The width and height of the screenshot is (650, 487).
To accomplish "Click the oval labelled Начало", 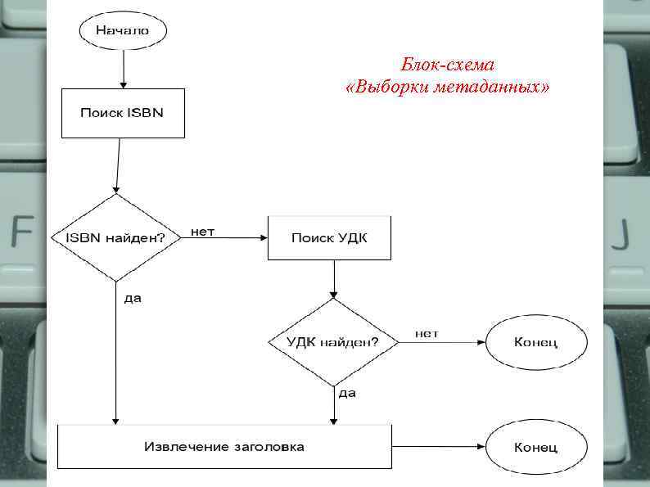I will coord(123,31).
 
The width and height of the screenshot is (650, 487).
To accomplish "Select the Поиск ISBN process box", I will coord(123,113).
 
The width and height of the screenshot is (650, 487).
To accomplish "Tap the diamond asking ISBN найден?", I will coord(115,237).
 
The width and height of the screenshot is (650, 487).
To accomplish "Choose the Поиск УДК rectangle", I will coord(329,238).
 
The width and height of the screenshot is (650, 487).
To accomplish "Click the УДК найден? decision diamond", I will coord(332,342).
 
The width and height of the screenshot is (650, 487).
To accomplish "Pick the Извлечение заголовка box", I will coord(224,447).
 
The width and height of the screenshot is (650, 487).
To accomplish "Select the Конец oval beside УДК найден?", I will coord(536,342).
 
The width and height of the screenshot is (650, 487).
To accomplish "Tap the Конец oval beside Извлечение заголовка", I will coord(536,448).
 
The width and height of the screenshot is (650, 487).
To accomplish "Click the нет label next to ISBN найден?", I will coord(203,232).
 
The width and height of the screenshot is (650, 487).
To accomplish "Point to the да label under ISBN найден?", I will coord(133,299).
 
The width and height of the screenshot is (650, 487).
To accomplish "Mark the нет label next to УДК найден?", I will coord(427,334).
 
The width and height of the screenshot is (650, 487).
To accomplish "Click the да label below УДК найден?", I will coord(347,394).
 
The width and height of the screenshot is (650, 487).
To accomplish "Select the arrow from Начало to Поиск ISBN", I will coord(123,69).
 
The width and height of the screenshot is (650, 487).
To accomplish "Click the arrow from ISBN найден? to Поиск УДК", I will coord(229,238).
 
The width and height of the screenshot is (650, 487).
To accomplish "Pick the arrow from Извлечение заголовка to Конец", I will coord(438,448).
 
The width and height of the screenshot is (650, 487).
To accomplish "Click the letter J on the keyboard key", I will coord(623,234).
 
